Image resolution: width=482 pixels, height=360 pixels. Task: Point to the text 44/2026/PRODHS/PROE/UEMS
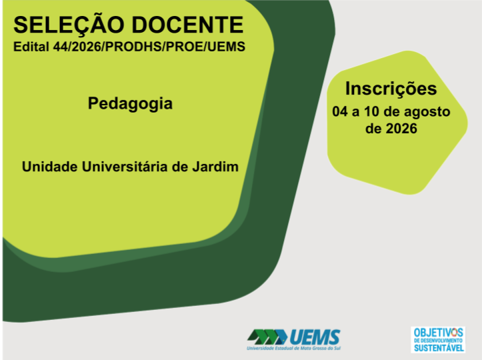tap(149, 47)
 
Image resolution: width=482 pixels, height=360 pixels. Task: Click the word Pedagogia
tap(130, 103)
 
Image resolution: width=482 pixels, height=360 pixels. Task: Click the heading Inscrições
tap(391, 89)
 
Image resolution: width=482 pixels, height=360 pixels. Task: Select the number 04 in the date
tap(340, 111)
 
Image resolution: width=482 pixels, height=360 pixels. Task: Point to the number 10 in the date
tap(371, 111)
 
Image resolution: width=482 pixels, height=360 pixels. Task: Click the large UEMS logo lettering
tap(315, 337)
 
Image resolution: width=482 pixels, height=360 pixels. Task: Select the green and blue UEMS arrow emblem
tap(267, 337)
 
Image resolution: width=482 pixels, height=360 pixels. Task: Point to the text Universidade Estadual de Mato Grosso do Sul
tap(293, 348)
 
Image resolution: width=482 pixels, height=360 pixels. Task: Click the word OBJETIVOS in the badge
tap(438, 333)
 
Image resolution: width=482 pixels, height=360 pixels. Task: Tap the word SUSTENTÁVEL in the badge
tap(439, 347)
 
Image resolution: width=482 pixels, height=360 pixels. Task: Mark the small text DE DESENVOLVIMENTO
tap(438, 340)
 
